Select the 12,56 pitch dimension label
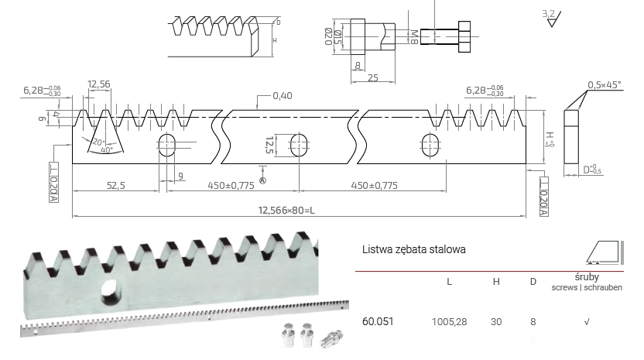point(98,84)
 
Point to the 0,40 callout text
point(283,96)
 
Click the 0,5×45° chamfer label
point(605,84)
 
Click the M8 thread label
point(415,36)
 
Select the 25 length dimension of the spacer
point(372,78)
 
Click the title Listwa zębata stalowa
point(413,250)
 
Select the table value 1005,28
point(449,320)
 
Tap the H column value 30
point(496,320)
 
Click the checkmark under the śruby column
point(587,320)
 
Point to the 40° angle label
point(105,151)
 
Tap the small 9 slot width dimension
point(180,177)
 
